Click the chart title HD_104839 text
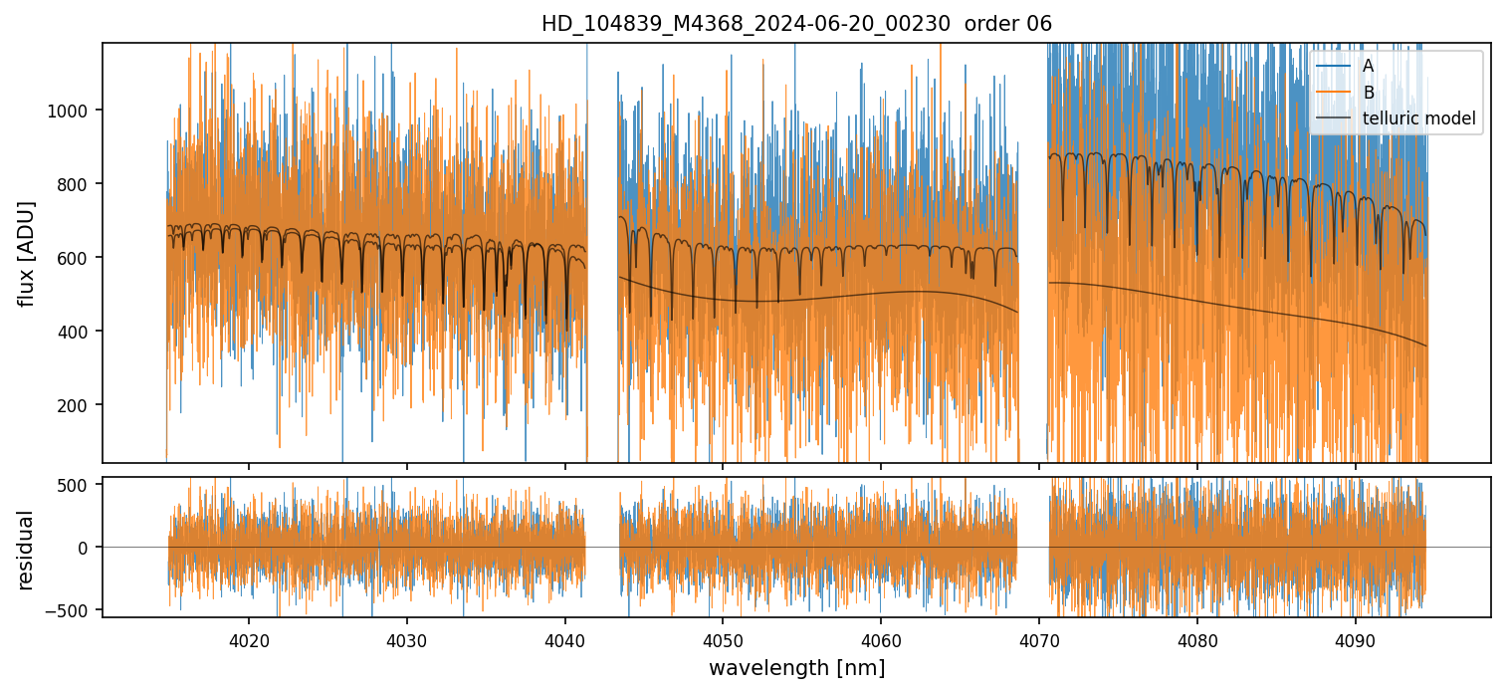pos(796,24)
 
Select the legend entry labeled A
pos(1368,66)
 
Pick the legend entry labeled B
pos(1368,93)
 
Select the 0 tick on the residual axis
pos(86,548)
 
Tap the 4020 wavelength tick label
pos(248,637)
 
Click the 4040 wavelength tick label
pos(564,637)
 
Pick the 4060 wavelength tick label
pos(881,637)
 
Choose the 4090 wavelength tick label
pos(1356,637)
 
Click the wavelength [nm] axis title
pos(796,667)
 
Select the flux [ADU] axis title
pos(27,253)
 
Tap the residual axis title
pos(27,549)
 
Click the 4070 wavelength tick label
pos(1039,637)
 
